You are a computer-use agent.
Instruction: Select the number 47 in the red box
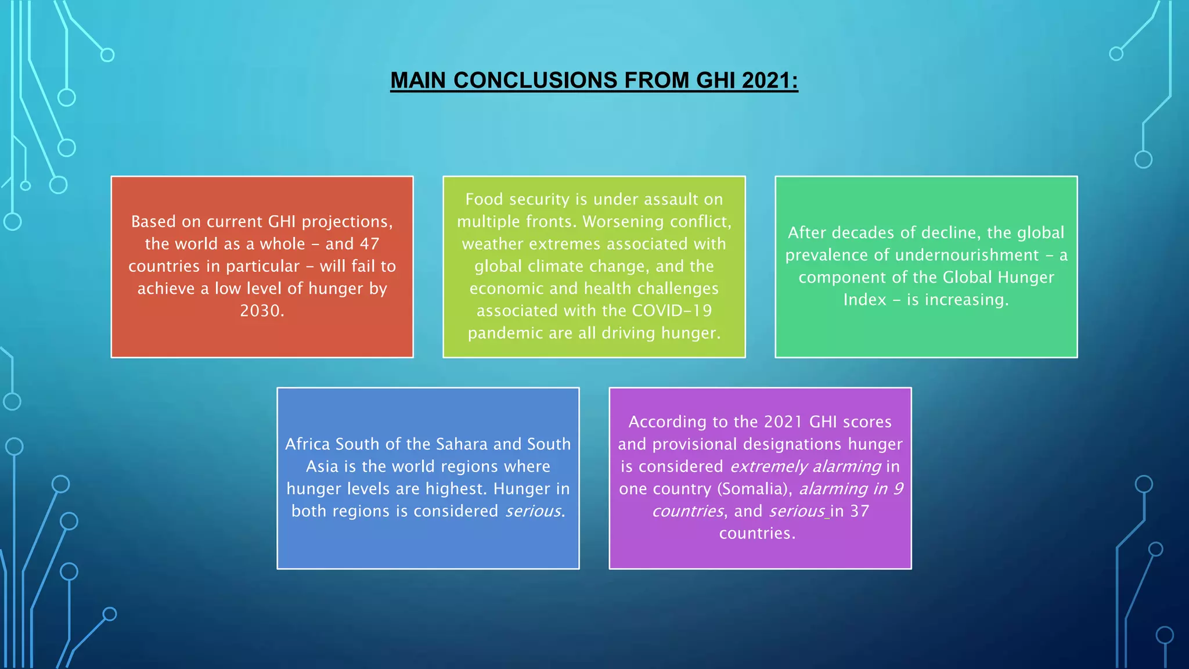(369, 244)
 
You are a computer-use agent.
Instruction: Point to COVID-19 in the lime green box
(672, 311)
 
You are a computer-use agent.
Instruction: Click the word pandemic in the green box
(496, 333)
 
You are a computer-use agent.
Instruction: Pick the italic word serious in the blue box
(533, 511)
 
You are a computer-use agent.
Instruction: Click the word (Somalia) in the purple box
(755, 489)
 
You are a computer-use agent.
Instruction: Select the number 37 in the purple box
(859, 511)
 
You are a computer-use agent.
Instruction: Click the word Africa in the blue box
(308, 444)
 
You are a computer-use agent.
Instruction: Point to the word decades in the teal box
(863, 233)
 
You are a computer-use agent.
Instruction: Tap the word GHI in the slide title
(716, 80)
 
